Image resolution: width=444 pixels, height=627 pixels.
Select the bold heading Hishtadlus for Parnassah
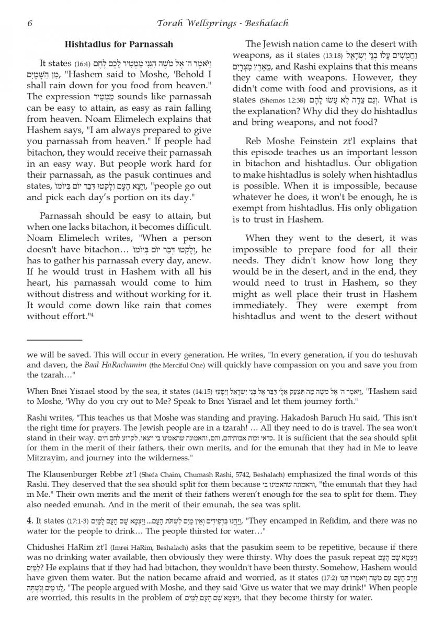pyautogui.click(x=119, y=44)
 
